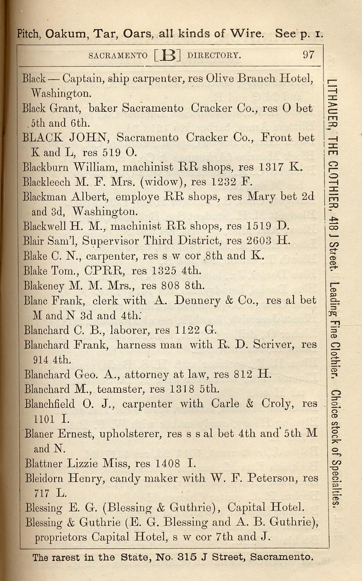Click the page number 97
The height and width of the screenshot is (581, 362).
coord(308,55)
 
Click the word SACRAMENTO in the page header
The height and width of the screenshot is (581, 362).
coord(118,55)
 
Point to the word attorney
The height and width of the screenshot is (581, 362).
coord(149,374)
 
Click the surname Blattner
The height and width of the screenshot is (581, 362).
coord(44,463)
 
